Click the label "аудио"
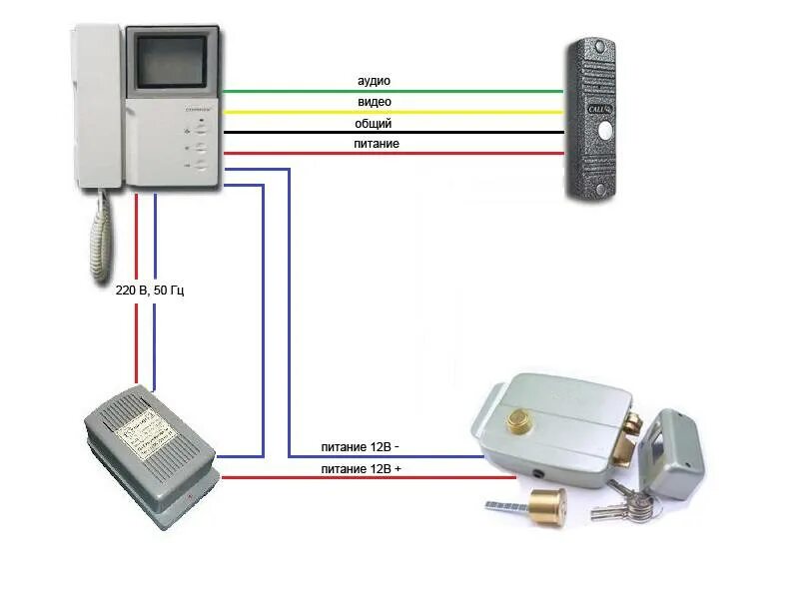point(374,80)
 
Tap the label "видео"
point(374,102)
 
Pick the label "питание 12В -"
point(364,448)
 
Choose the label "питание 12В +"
point(364,469)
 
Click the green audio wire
point(449,91)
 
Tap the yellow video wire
point(449,112)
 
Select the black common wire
point(449,133)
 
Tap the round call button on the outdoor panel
point(604,130)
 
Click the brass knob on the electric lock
point(518,422)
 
